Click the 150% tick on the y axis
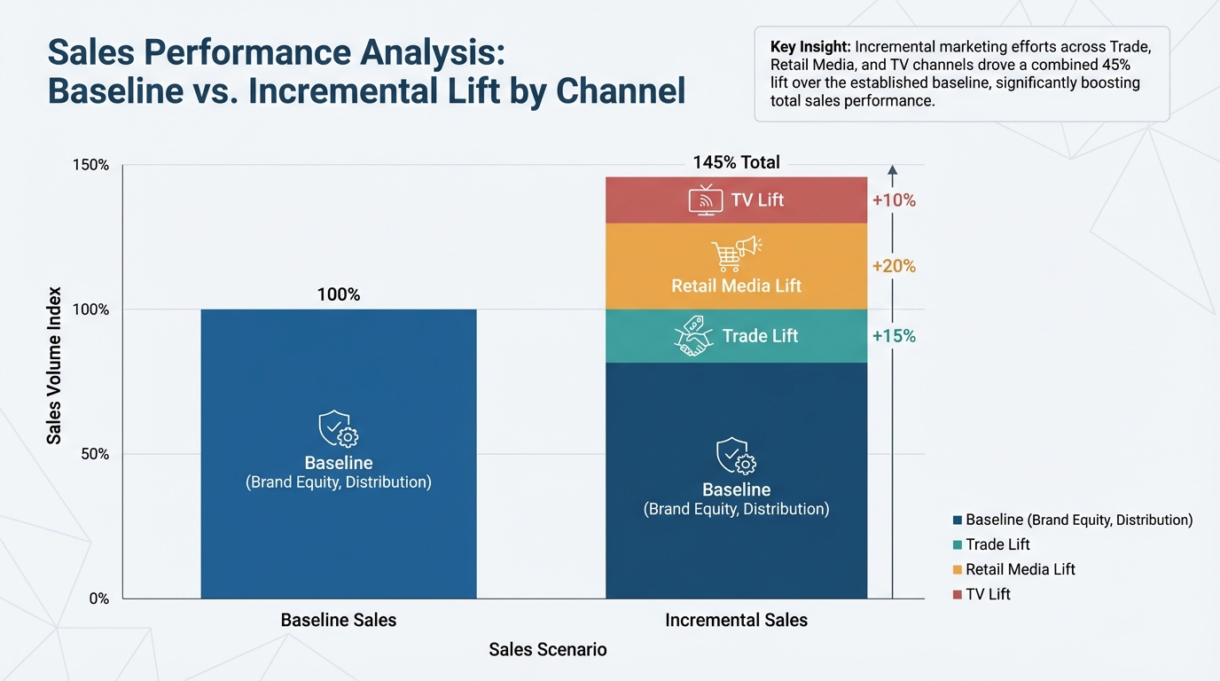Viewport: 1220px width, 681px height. coord(90,165)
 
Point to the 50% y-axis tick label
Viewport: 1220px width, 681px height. coord(94,454)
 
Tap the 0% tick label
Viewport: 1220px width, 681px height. coord(98,599)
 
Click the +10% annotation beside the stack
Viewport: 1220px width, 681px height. coord(894,200)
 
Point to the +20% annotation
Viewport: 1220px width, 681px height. coord(894,266)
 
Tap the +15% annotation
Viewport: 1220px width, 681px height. coord(894,336)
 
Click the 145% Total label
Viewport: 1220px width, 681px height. coord(736,162)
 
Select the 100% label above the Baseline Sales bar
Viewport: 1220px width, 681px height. coord(339,294)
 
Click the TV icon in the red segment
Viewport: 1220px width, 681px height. coord(706,200)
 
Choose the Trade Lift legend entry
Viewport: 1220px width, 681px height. coord(997,544)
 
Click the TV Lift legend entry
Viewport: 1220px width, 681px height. coord(988,594)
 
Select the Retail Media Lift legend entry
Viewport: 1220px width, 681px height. coord(1020,569)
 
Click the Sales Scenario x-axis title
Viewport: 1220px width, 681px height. coord(548,650)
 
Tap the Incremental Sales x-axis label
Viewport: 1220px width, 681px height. coord(736,621)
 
